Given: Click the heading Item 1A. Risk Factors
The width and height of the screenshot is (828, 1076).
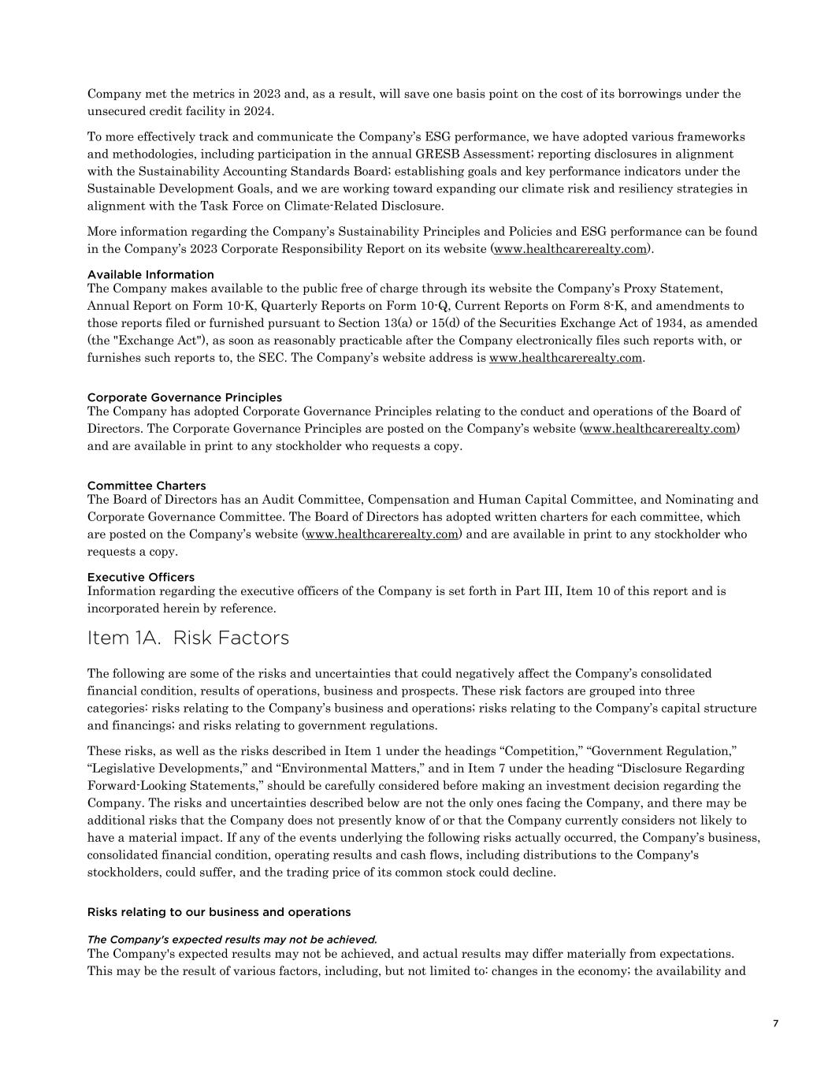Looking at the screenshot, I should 188,638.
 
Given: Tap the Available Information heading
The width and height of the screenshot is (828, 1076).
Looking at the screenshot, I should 150,274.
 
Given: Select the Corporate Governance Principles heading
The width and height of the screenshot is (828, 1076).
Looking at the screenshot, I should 184,397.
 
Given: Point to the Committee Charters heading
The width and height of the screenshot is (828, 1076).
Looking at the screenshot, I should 147,486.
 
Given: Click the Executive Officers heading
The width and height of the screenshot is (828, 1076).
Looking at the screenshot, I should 141,577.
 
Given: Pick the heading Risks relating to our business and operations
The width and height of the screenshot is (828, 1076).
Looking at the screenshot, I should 219,912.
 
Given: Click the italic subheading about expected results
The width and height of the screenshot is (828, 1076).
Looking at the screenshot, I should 232,939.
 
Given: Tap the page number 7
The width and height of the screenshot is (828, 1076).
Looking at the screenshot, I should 775,1023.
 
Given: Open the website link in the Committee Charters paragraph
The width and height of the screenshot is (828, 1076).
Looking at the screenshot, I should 382,534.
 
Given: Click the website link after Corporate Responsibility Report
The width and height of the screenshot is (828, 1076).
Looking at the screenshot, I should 570,249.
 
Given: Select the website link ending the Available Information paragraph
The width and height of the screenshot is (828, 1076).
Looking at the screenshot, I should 566,358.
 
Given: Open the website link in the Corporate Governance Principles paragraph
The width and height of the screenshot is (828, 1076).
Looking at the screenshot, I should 659,429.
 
